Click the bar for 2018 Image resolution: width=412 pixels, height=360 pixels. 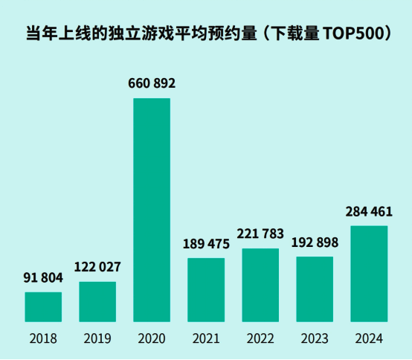tap(43, 307)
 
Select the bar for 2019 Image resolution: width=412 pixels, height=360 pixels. tap(97, 302)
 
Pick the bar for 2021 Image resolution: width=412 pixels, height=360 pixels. tap(206, 290)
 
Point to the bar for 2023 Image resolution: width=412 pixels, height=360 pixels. tap(315, 289)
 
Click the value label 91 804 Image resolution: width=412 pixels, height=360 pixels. tap(43, 278)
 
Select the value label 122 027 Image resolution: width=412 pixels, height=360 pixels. tap(97, 267)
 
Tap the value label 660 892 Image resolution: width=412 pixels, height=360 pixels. tap(152, 83)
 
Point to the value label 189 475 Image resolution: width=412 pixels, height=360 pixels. tap(206, 243)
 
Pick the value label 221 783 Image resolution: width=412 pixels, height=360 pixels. tap(260, 234)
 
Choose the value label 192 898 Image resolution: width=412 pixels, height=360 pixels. tap(315, 242)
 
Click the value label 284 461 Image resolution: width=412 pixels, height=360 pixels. tap(369, 212)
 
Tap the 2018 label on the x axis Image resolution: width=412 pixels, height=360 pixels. tap(43, 339)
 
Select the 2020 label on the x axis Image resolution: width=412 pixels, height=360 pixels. tap(152, 339)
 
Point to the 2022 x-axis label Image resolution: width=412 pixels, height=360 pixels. tap(260, 339)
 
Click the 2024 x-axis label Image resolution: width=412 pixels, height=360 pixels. tap(369, 339)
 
